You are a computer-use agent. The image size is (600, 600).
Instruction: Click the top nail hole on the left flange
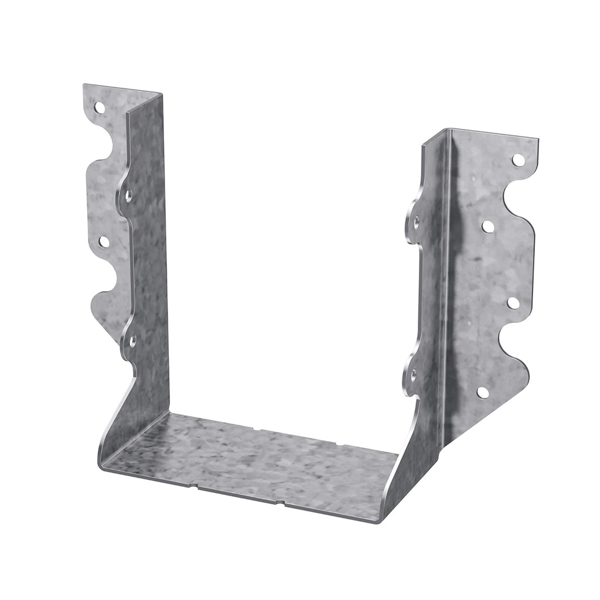click(x=100, y=108)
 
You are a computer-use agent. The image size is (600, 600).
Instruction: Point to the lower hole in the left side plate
click(x=133, y=340)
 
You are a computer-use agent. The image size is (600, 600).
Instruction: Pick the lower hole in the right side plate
click(x=414, y=373)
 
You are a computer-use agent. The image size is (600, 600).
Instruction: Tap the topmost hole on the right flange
click(x=517, y=159)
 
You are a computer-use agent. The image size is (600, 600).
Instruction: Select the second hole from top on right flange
click(x=487, y=226)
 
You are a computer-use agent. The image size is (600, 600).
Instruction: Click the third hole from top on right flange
click(x=512, y=303)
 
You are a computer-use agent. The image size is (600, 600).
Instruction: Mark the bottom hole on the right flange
click(x=482, y=392)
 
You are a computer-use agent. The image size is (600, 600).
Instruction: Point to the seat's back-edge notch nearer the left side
click(x=257, y=429)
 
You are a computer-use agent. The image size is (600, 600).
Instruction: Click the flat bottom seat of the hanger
click(x=246, y=463)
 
